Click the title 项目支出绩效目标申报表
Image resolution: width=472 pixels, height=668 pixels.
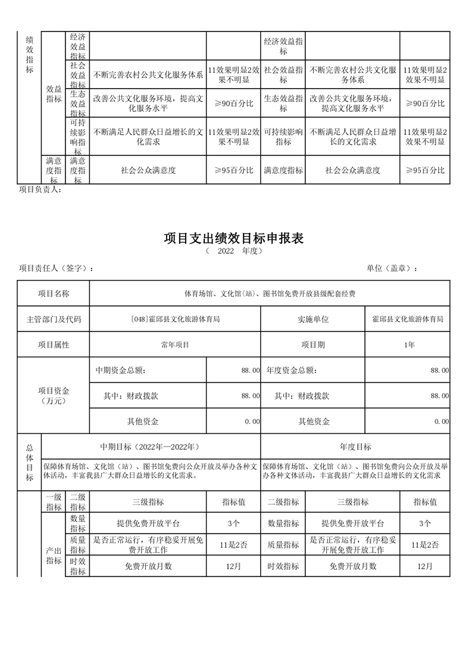233,239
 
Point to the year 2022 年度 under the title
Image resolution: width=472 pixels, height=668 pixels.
233,251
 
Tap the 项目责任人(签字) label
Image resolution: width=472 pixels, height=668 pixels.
56,269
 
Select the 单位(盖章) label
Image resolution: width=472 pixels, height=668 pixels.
392,269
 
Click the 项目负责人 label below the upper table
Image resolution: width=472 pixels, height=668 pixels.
40,190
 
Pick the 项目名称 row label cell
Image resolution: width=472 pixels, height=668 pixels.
54,294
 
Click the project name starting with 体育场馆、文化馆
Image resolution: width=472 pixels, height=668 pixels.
270,294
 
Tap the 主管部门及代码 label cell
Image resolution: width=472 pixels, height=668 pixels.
54,319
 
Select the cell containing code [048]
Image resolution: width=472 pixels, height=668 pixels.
175,319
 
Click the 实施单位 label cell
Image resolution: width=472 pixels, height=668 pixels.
313,319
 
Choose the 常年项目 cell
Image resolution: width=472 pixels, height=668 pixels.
175,345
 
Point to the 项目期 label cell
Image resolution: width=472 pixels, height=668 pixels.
313,345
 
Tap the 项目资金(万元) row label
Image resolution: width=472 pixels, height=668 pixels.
54,395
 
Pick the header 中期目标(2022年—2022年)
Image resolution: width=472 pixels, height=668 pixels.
151,447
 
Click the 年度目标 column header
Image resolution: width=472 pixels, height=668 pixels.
355,447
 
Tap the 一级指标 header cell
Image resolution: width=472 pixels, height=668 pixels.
54,502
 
